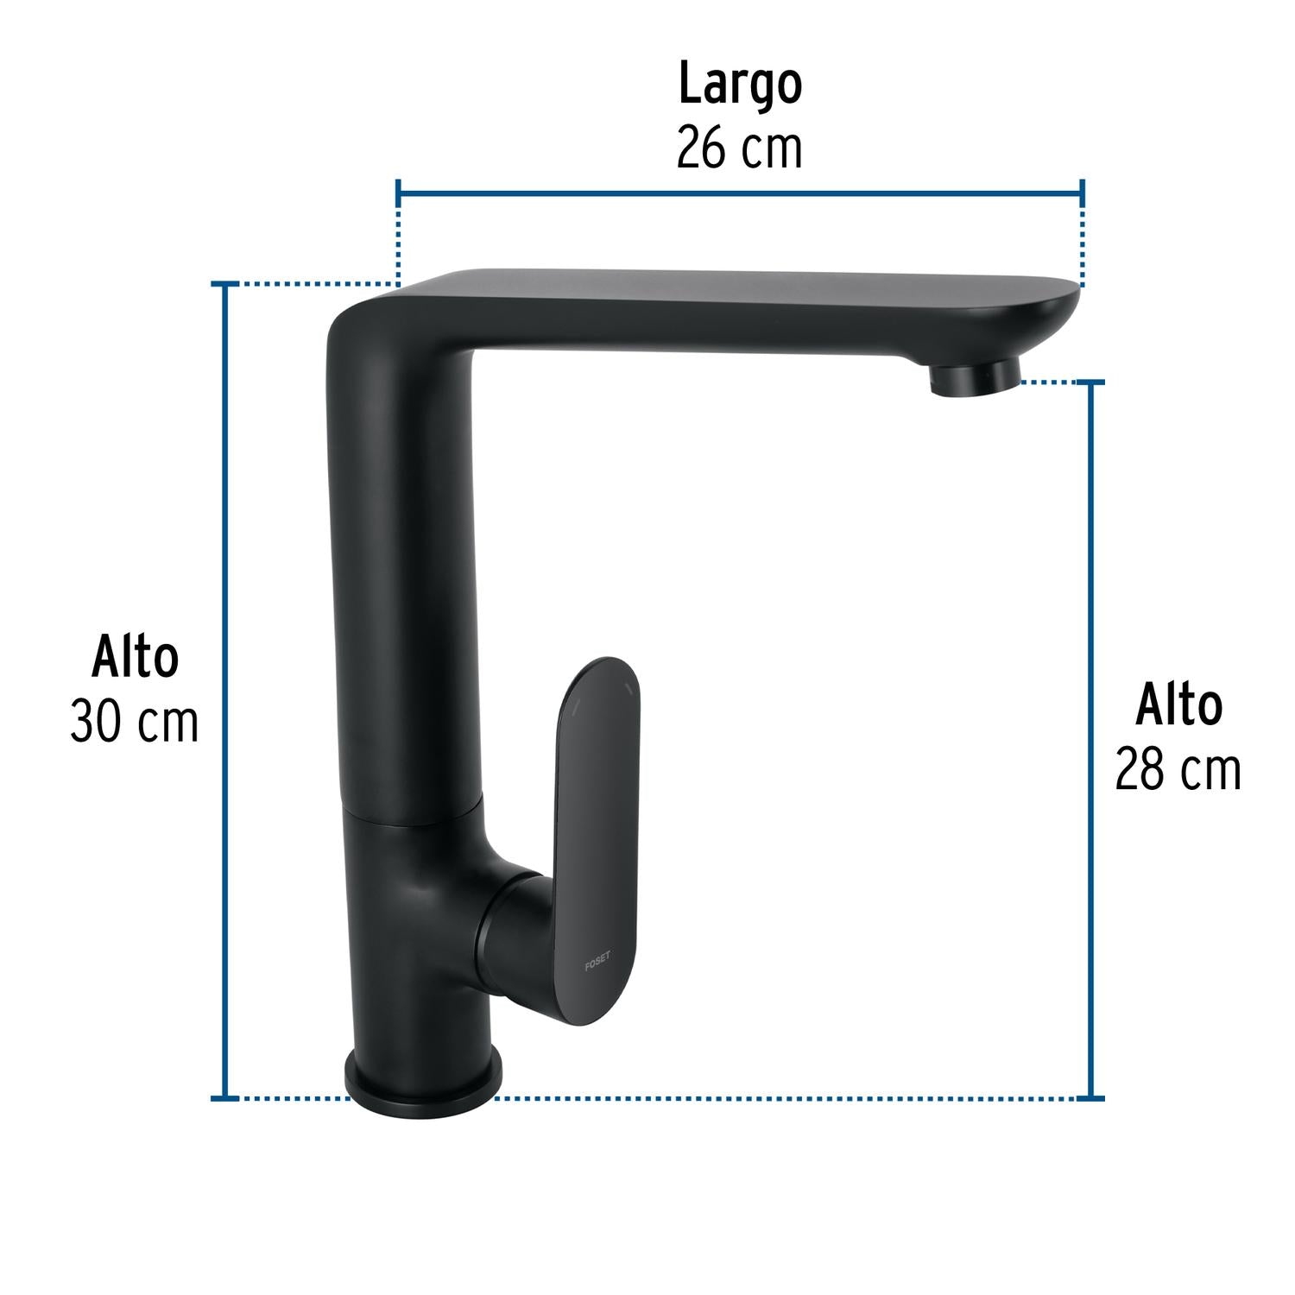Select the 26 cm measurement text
tap(739, 148)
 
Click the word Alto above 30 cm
tap(136, 658)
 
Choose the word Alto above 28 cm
tap(1178, 705)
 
